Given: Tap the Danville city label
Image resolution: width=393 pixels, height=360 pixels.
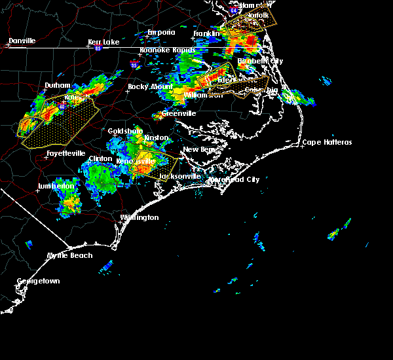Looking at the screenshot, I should [x=22, y=41].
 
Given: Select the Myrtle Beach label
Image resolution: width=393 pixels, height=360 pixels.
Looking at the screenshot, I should [x=70, y=255].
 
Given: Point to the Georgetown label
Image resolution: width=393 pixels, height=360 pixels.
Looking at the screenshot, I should [x=38, y=281].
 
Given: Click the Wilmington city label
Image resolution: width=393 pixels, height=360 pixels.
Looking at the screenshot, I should [x=139, y=217].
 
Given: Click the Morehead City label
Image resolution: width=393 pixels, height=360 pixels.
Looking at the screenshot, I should [x=234, y=179].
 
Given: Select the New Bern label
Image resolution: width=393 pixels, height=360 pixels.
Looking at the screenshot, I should [x=199, y=149].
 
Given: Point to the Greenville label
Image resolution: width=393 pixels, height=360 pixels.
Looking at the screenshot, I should [x=179, y=113].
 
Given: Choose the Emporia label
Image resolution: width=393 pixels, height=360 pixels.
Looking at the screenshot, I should [x=161, y=32].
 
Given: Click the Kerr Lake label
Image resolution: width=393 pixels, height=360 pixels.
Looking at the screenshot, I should [x=104, y=42].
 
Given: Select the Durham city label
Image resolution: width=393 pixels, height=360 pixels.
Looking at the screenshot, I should [x=57, y=85].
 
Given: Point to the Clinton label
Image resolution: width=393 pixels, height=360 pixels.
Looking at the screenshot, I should [x=100, y=158].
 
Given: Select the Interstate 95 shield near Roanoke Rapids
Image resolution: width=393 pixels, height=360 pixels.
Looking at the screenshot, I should [x=134, y=65].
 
